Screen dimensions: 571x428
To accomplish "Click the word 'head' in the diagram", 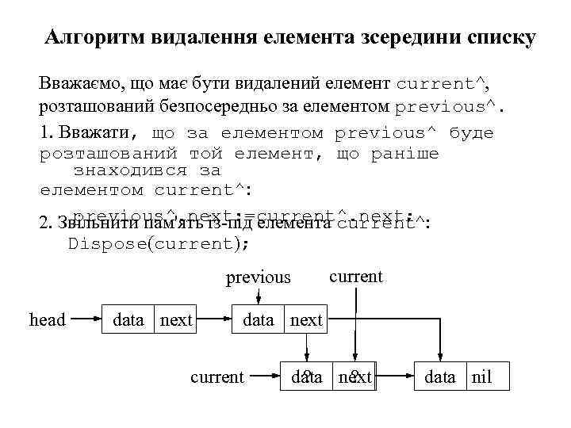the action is [47, 319].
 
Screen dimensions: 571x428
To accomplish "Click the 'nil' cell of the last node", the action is [481, 376].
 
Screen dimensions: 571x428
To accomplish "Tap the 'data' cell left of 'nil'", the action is [440, 376].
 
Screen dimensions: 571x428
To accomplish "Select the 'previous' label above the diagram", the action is [259, 277].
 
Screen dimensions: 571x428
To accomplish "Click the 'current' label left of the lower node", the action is [217, 376].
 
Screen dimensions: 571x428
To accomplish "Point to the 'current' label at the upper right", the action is [355, 276].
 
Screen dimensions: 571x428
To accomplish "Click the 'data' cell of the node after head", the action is [128, 319].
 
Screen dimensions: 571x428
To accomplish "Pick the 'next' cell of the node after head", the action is [176, 319].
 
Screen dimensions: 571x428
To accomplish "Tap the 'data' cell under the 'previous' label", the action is [259, 319].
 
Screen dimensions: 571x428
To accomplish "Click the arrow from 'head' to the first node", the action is [84, 320].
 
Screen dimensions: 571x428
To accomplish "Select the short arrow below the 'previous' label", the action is [259, 295].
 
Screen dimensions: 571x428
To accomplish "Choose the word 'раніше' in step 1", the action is [404, 152].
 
